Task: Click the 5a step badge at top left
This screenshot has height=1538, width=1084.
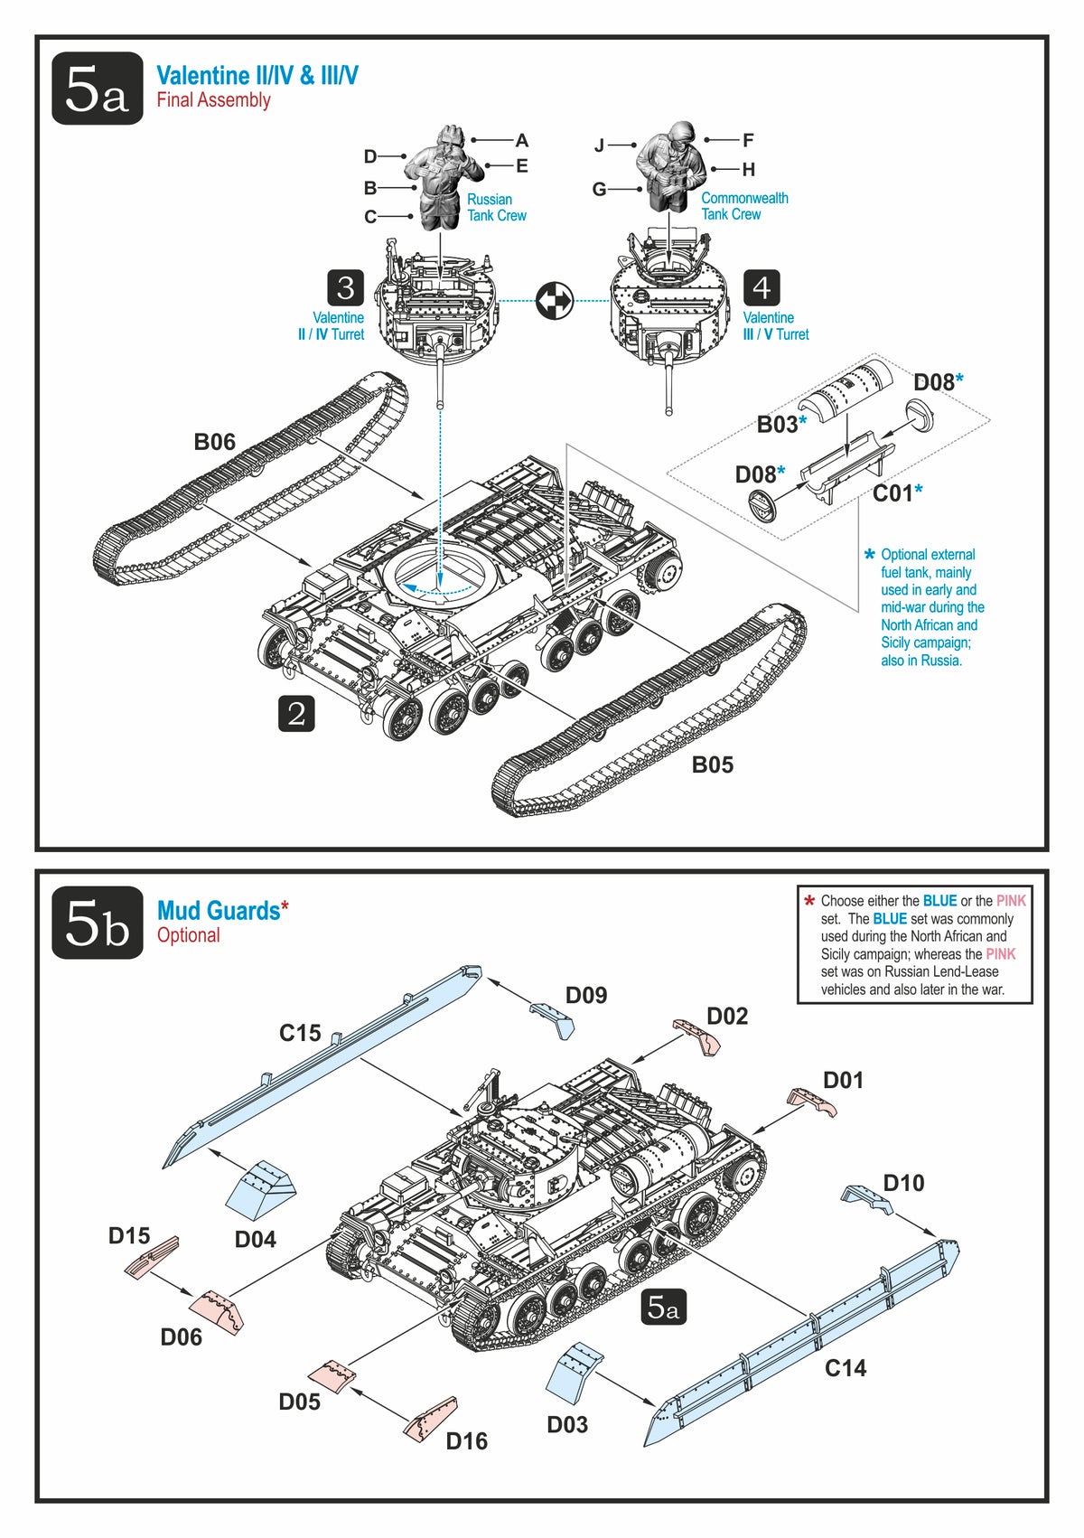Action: [97, 89]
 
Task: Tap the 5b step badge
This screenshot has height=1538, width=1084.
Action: [97, 923]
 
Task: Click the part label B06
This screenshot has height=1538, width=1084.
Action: [214, 442]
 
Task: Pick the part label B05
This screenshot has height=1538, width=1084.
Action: [712, 765]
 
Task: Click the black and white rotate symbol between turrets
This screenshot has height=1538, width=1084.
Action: [555, 301]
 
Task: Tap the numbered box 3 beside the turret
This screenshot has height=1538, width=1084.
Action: [345, 288]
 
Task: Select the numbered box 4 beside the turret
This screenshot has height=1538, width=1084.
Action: [762, 288]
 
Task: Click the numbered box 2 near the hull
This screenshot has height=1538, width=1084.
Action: [296, 714]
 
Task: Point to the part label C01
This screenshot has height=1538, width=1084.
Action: [892, 493]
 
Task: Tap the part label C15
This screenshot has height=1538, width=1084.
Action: [300, 1033]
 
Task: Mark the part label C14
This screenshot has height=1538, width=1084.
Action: [846, 1368]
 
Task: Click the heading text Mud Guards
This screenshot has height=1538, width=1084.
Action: [219, 911]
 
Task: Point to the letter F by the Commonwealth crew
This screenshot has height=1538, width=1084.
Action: [748, 140]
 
